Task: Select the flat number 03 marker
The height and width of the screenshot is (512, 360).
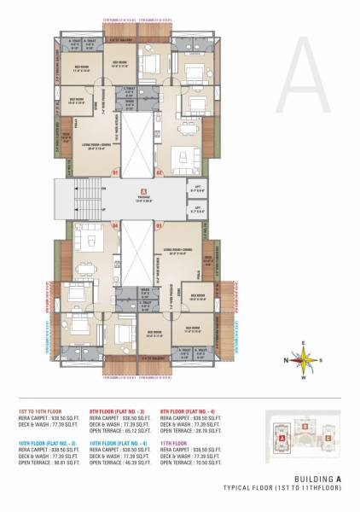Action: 159,225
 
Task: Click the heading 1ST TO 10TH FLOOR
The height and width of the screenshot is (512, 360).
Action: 40,410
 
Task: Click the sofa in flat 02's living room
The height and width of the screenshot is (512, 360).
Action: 185,157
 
